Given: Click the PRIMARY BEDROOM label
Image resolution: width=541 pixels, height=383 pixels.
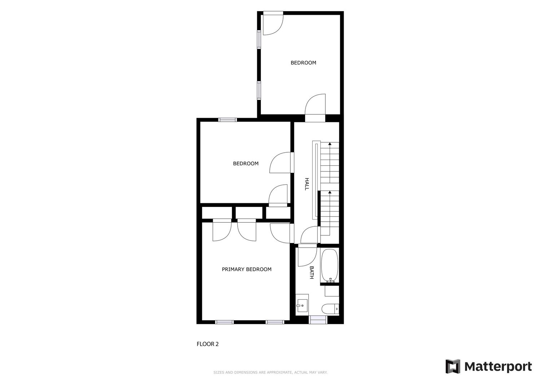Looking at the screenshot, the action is click(247, 269).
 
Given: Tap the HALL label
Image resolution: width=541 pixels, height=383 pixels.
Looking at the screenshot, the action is click(307, 184).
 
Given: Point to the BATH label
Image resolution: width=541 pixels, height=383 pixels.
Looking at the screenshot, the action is click(312, 273).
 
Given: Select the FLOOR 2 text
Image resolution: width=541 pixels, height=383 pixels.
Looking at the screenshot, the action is click(207, 344).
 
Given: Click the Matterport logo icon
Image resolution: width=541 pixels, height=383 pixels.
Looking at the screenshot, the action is click(453, 366).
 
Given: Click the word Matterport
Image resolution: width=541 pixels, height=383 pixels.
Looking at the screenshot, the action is click(498, 367).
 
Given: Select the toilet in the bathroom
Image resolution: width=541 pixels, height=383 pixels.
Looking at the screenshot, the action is click(330, 309).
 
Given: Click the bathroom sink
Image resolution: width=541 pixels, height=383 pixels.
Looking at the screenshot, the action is click(302, 306).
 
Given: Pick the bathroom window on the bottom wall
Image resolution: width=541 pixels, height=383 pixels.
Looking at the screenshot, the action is click(318, 320).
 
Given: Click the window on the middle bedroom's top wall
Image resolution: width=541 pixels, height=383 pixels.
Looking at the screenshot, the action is click(228, 120).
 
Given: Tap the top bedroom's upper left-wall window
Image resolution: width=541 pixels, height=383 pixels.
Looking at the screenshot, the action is click(259, 40).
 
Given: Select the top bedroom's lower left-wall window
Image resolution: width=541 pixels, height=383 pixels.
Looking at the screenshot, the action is click(259, 91).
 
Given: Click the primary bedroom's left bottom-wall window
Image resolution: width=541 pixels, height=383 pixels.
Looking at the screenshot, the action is click(224, 322).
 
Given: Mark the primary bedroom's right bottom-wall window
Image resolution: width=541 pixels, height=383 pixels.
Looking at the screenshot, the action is click(275, 322).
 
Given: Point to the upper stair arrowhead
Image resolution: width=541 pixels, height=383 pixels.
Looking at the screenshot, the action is click(330, 144).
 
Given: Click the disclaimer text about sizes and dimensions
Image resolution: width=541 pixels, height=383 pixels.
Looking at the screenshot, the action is click(270, 373).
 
